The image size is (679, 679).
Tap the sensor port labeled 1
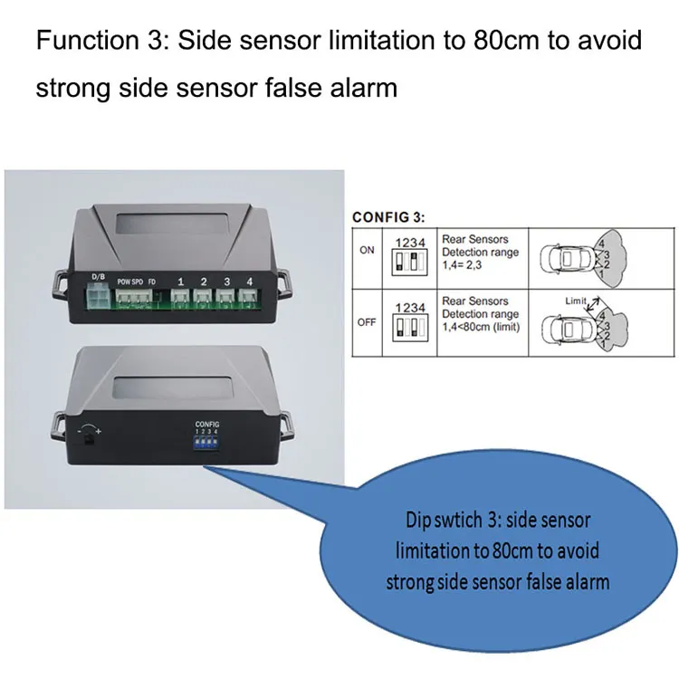coord(180,298)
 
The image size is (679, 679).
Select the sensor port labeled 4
coord(249,298)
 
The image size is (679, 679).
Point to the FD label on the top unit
coord(152,282)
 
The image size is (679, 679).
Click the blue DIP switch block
coord(207,445)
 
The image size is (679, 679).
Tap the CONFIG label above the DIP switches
coord(207,424)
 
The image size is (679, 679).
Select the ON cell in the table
coord(367,251)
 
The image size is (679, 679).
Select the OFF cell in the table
coord(367,321)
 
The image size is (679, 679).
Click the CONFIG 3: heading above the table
coord(387,217)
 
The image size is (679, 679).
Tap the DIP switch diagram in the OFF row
coord(409,327)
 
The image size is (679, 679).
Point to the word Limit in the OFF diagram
coord(574,300)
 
